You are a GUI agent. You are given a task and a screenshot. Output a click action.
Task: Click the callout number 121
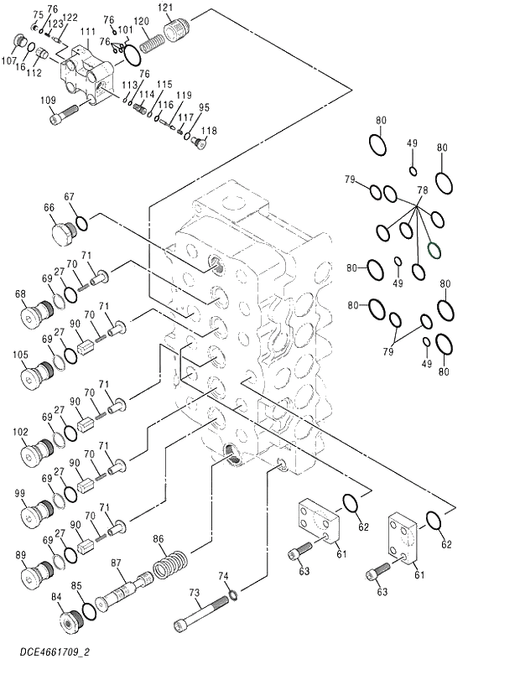coord(166,8)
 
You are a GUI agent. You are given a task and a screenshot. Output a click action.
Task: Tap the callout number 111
coord(87,32)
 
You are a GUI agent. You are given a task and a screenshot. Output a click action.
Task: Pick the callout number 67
coord(70,198)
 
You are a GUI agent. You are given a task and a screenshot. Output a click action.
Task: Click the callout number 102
coord(21,433)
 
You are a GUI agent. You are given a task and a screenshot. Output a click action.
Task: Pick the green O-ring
coord(434,249)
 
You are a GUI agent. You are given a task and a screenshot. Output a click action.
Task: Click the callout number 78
coord(422,190)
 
